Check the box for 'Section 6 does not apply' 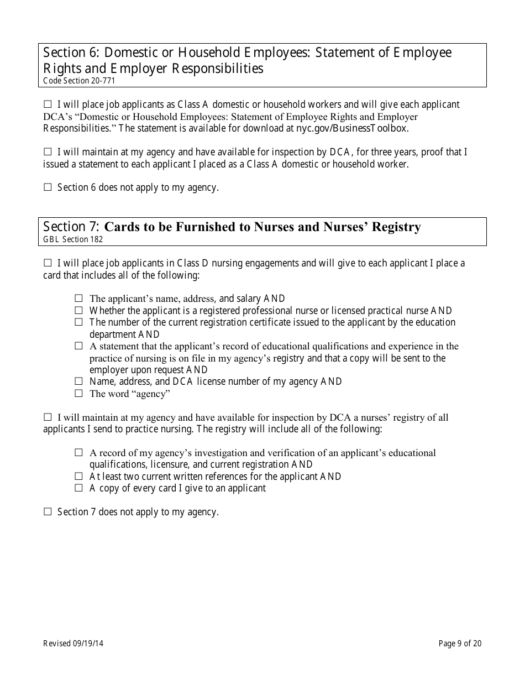pos(47,187)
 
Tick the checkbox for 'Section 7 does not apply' pos(47,512)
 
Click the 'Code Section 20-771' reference pos(79,81)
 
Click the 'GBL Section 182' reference pos(73,239)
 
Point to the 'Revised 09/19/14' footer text pos(73,643)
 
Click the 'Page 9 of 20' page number pos(460,643)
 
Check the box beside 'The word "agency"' pos(78,394)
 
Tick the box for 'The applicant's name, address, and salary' pos(78,299)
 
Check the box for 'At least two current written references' pos(78,476)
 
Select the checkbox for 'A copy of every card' pos(78,488)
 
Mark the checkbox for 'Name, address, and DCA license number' pos(78,381)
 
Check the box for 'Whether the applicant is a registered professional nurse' pos(78,311)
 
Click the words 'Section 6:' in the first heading pos(71,53)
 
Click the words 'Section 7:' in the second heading pos(71,227)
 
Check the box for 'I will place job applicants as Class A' pos(47,104)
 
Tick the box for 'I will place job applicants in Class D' pos(47,263)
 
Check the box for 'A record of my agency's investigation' pos(78,453)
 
